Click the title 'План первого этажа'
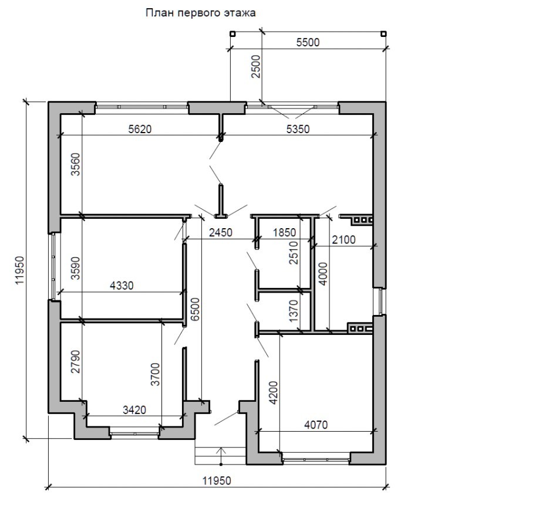tap(200, 13)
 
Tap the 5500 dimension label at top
tap(308, 42)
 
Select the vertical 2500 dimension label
tap(257, 67)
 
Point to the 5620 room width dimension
tap(140, 129)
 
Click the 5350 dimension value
tap(298, 129)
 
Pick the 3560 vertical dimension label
tap(76, 165)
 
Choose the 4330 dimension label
tap(122, 286)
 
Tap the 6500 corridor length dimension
tap(196, 310)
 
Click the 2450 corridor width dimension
tap(221, 232)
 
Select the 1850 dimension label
tap(284, 232)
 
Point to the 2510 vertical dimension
tap(294, 252)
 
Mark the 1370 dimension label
tap(294, 311)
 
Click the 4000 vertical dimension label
tap(323, 274)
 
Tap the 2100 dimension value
tap(344, 240)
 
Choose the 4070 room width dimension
tap(316, 425)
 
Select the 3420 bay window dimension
tap(134, 410)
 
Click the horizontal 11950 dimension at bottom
tap(217, 481)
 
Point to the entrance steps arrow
tap(221, 456)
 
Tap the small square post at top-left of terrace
tap(232, 34)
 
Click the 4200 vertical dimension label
tap(274, 393)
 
